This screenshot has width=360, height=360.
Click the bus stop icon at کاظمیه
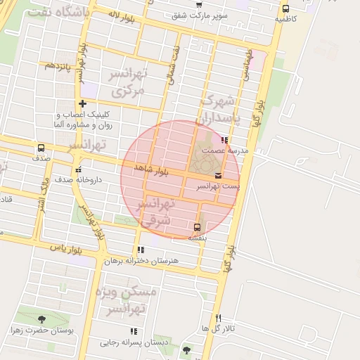pyautogui.click(x=285, y=9)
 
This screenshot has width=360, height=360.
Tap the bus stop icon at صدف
pyautogui.click(x=41, y=148)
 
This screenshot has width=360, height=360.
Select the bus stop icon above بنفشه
pyautogui.click(x=197, y=227)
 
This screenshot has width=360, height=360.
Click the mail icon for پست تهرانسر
pyautogui.click(x=218, y=175)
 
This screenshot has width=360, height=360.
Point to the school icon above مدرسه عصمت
pyautogui.click(x=224, y=140)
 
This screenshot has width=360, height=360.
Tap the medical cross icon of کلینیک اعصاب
pyautogui.click(x=82, y=104)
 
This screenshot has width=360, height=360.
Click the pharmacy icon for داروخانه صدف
pyautogui.click(x=77, y=169)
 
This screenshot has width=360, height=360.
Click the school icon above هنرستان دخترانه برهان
pyautogui.click(x=141, y=250)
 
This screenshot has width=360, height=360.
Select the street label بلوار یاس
pyautogui.click(x=67, y=247)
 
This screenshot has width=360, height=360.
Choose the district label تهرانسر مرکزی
pyautogui.click(x=127, y=82)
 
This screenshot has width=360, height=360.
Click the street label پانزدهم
pyautogui.click(x=59, y=65)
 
